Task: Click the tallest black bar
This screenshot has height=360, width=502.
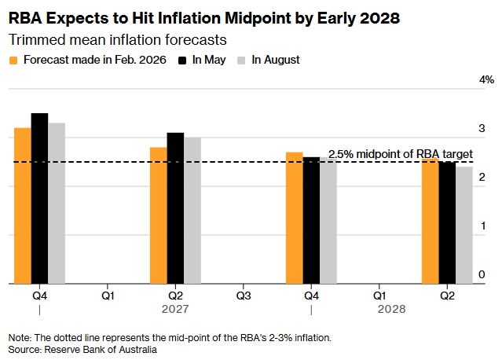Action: pos(40,198)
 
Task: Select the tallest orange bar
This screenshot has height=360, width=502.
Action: pos(23,206)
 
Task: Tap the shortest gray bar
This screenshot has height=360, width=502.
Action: pos(464,225)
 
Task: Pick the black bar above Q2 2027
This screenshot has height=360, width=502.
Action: pos(175,208)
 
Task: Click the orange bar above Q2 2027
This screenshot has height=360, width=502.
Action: pos(159,215)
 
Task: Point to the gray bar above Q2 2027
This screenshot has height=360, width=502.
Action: pos(192,211)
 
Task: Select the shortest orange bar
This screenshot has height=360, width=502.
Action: pos(431,221)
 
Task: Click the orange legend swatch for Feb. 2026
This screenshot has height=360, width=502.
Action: pos(13,61)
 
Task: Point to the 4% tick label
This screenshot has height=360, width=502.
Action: pos(486,79)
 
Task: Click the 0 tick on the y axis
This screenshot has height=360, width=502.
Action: pos(482,274)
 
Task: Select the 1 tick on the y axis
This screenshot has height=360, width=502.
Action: pos(483,226)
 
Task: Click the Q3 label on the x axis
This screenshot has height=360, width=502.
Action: pos(244,296)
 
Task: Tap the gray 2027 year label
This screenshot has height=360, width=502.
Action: pos(175,309)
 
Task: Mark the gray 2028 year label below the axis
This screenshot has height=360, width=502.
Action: pos(391,309)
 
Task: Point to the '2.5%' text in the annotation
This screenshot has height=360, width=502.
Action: pos(341,154)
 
